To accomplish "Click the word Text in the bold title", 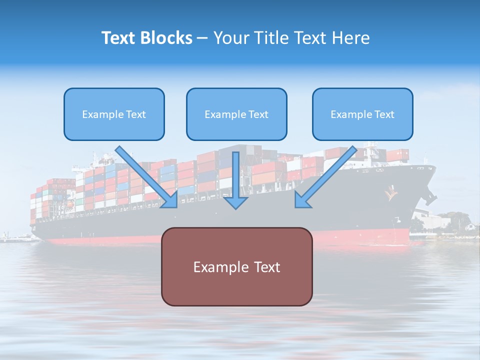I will (x=118, y=38).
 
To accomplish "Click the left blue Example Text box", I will (x=114, y=114).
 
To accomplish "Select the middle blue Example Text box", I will (x=236, y=114).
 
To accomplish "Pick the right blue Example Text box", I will (x=362, y=114).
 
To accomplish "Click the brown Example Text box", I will (x=236, y=266).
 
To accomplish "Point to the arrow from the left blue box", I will (x=147, y=177).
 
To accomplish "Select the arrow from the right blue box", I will (x=325, y=177).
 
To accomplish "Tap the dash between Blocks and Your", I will (x=202, y=38).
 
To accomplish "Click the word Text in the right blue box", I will (x=385, y=114).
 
